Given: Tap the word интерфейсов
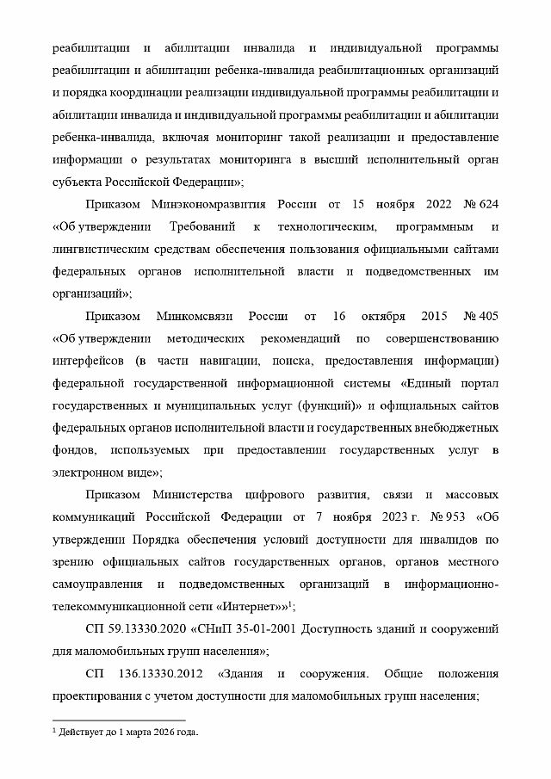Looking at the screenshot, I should [89, 361].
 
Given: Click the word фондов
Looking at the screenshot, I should [73, 450].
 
